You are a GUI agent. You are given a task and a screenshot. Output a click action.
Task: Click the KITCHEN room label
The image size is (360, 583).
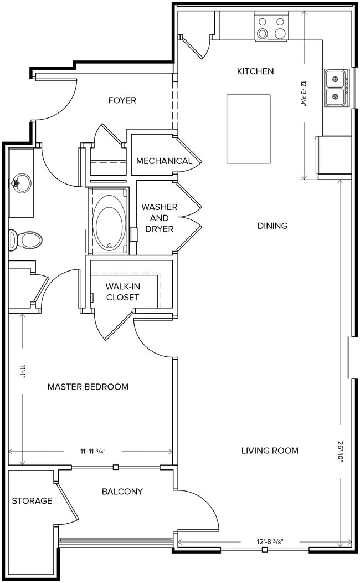tap(255, 71)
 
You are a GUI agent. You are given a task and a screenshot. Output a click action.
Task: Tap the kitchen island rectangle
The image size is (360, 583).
tap(248, 129)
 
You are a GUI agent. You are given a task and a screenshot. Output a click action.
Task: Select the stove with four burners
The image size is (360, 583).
tap(271, 28)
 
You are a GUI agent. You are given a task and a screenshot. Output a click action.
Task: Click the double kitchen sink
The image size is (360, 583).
tap(337, 88)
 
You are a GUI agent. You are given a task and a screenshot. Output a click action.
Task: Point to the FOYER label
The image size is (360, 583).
tap(122, 100)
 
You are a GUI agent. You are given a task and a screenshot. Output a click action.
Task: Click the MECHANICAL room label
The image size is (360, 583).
tap(164, 161)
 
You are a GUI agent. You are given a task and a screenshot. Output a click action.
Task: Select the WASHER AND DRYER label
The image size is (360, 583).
tap(159, 218)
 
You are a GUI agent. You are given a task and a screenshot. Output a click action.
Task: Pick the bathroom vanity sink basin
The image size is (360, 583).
tap(21, 181)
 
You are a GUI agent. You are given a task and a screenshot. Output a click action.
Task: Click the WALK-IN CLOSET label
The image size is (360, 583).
tap(122, 292)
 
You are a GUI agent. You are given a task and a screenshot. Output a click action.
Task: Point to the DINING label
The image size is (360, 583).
tap(272, 226)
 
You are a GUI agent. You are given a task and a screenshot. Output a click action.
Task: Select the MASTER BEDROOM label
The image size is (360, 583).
tap(88, 387)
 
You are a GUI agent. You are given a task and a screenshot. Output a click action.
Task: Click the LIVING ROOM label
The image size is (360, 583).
tap(270, 451)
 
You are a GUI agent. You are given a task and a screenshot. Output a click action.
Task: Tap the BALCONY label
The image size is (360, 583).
tap(122, 492)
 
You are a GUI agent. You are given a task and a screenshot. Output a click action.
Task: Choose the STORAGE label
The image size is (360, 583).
tap(32, 501)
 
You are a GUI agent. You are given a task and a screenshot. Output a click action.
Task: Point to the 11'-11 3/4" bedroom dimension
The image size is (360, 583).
tap(92, 452)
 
